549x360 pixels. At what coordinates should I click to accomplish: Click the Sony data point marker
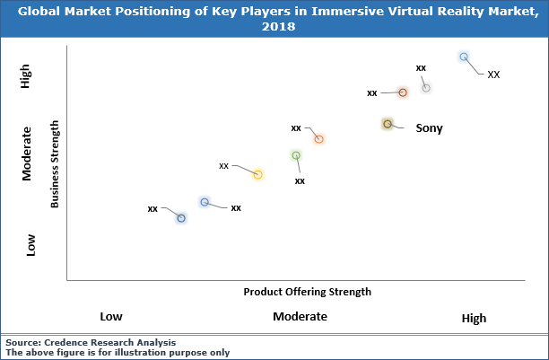point(387,124)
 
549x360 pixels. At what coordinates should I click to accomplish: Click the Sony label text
point(429,127)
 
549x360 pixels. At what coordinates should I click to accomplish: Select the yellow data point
point(257,174)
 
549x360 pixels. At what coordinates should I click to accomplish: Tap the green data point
point(296,156)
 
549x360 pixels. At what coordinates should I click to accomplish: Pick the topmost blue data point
point(464,57)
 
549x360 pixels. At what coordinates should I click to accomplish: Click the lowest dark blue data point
point(181,218)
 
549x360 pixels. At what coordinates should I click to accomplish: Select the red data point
point(403,92)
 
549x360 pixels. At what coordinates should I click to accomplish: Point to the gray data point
point(426,88)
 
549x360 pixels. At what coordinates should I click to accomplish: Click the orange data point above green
point(318,138)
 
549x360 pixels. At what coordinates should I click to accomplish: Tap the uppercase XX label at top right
point(493,75)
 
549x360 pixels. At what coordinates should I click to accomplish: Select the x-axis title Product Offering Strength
point(307,292)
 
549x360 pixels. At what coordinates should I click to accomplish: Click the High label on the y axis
point(27,76)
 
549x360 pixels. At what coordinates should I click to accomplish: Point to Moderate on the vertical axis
point(27,154)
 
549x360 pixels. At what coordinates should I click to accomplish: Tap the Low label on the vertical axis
point(31,244)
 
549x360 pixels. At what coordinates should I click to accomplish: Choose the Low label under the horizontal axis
point(110,317)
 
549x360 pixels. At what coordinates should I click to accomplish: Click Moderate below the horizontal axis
point(300,317)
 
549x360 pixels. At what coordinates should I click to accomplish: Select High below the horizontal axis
point(474,318)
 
